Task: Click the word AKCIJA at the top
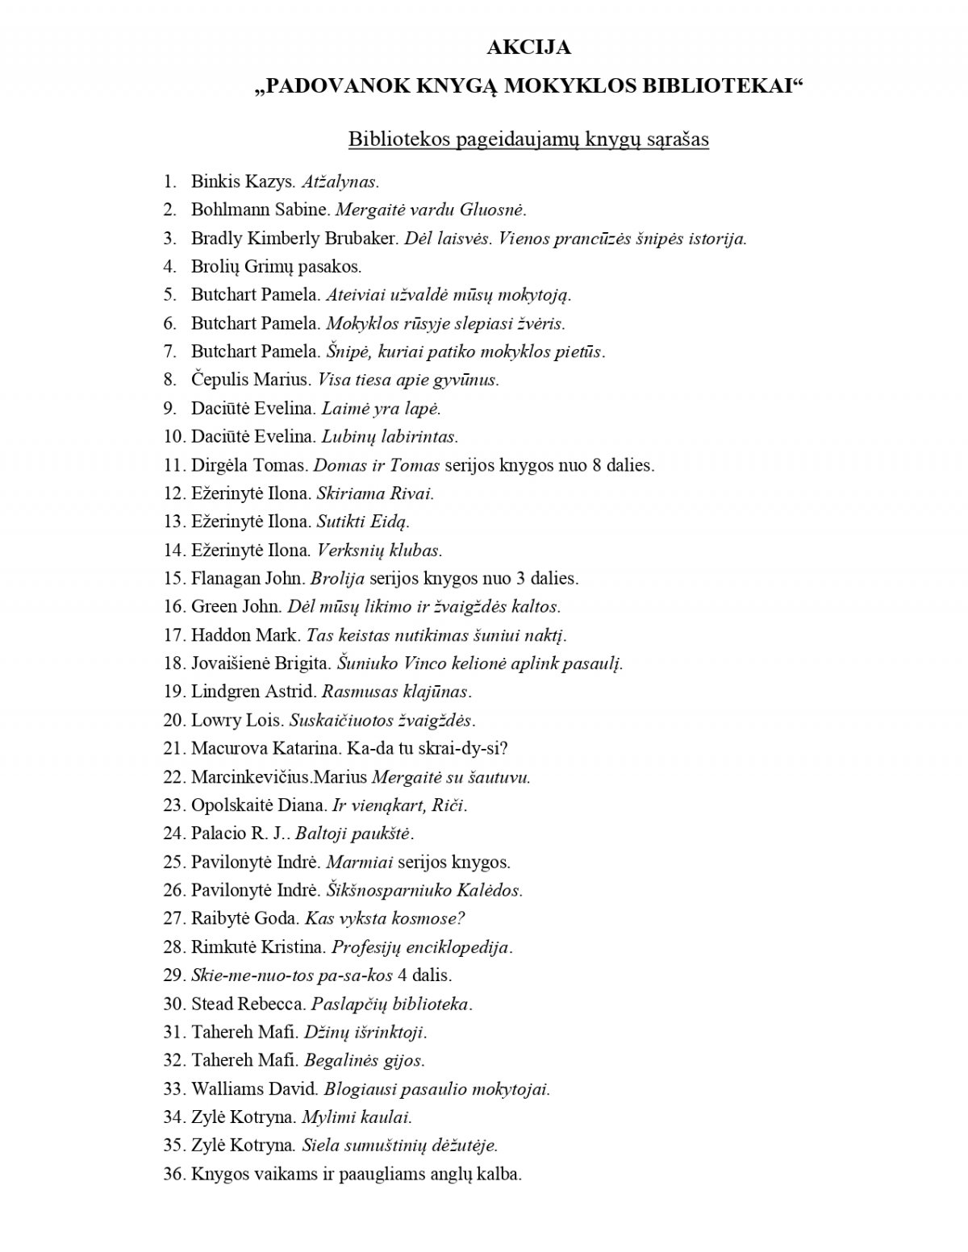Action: point(528,48)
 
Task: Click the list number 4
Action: point(169,266)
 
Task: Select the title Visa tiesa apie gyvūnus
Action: point(408,380)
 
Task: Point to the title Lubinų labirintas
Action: point(389,437)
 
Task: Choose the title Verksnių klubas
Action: point(378,551)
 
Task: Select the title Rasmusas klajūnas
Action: point(395,692)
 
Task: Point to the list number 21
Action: point(173,748)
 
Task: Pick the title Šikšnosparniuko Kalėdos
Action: point(423,891)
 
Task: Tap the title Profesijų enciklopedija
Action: point(421,947)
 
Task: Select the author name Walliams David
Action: point(254,1089)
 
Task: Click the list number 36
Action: point(173,1174)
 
